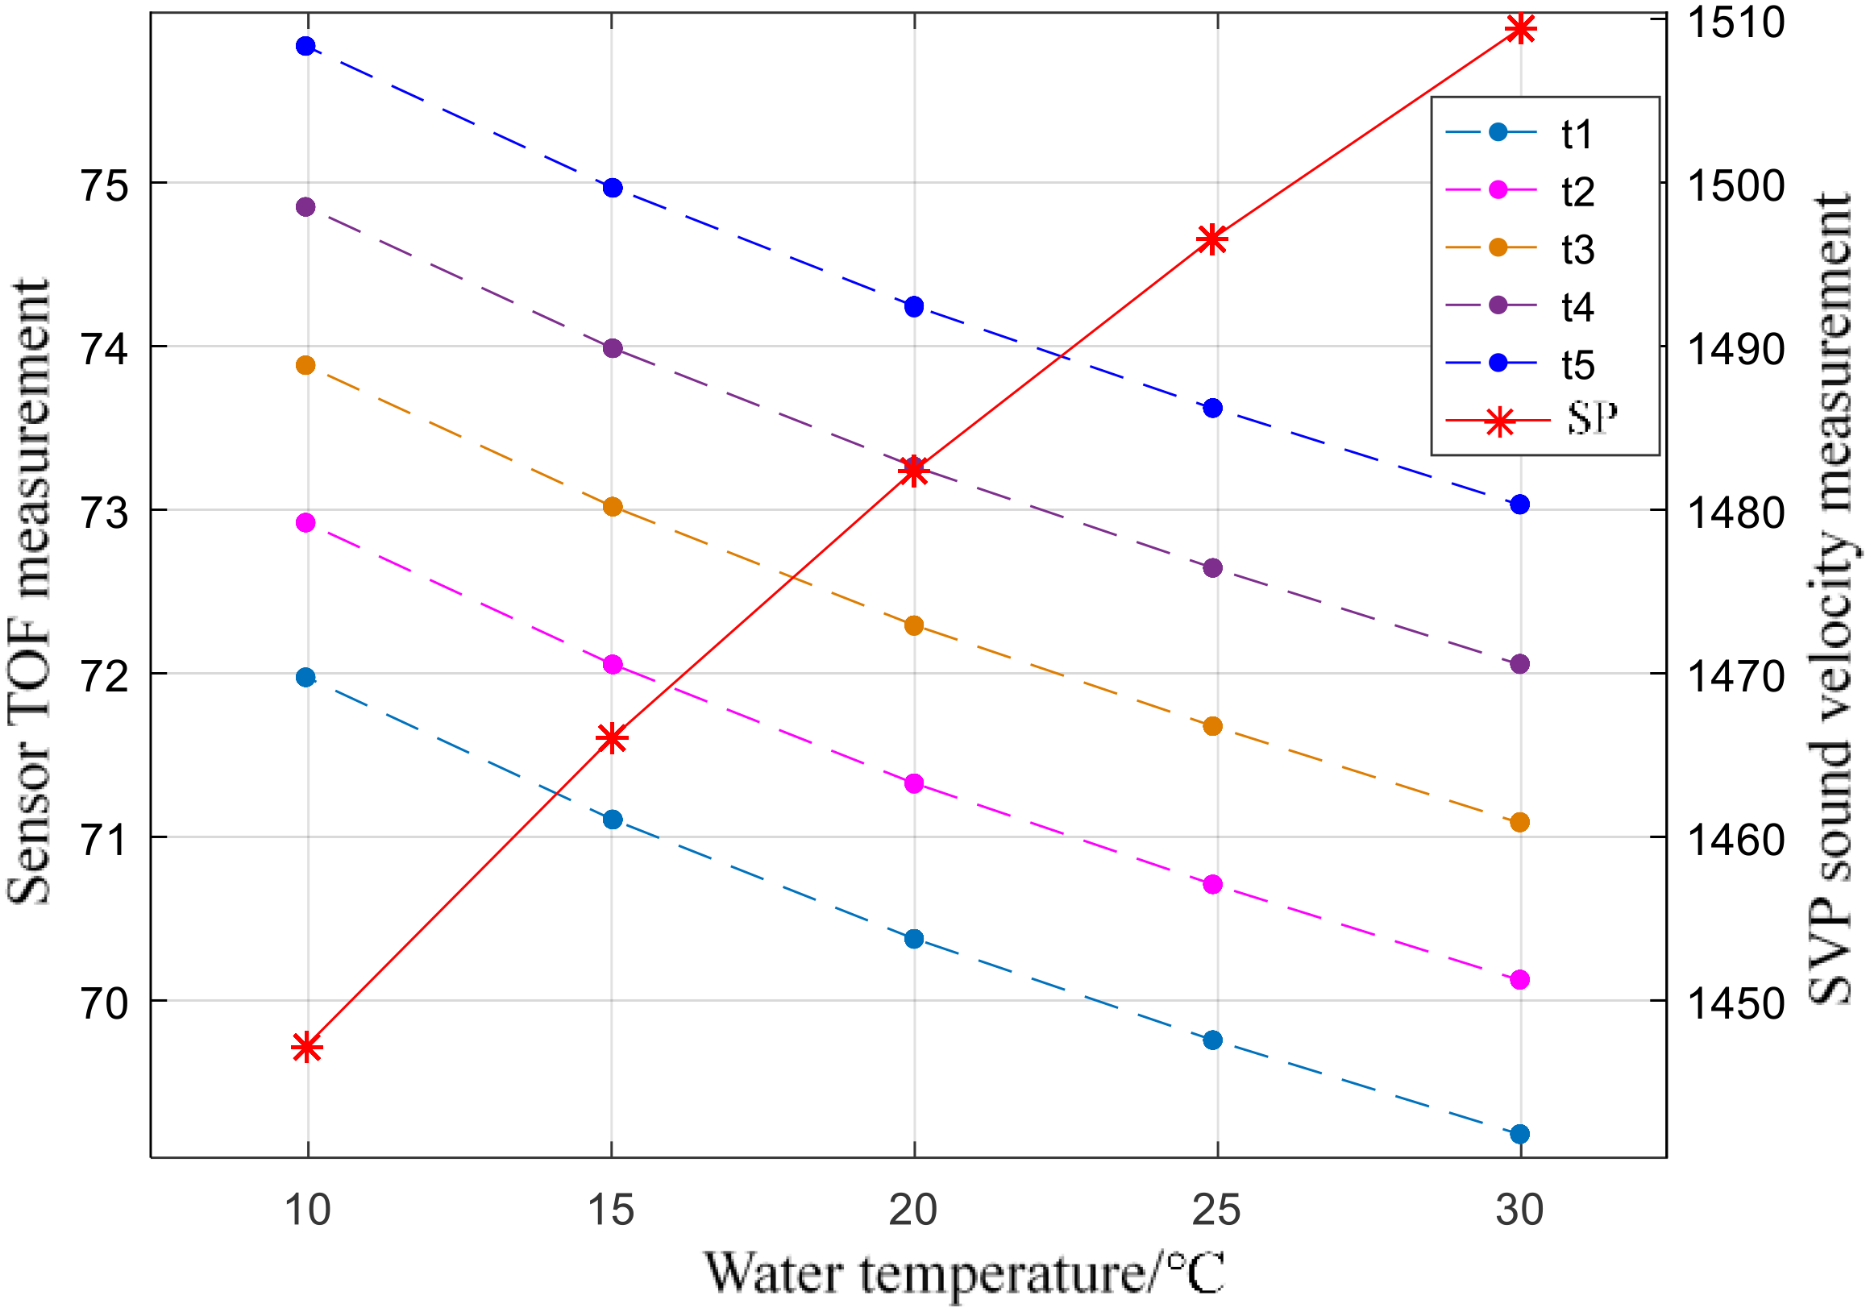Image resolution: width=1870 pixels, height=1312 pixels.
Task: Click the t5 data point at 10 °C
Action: tap(305, 46)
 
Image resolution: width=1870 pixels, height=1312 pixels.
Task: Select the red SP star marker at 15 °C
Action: tap(612, 739)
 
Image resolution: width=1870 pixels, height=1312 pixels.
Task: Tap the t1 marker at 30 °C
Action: tap(1520, 1134)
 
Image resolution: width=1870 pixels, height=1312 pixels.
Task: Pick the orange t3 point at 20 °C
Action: tap(914, 625)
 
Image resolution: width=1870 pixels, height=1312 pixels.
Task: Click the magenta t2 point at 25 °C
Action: tap(1213, 884)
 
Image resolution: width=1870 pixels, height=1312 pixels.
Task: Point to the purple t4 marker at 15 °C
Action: tap(613, 349)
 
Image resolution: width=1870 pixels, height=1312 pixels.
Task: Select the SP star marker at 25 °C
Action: tap(1212, 239)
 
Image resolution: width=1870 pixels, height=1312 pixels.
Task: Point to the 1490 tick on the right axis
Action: tap(1735, 349)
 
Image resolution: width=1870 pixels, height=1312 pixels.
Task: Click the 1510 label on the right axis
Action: tap(1735, 22)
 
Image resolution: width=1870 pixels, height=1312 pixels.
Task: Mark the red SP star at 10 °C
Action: tap(306, 1048)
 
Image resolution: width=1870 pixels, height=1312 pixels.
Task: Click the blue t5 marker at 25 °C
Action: tap(1213, 408)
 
